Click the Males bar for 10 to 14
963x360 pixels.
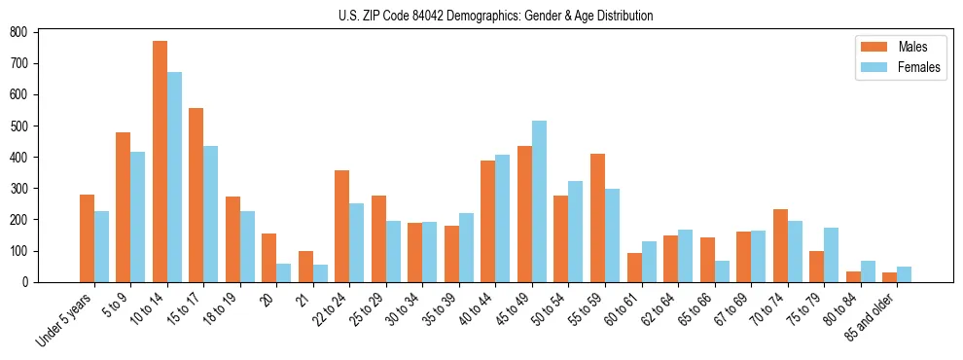point(160,162)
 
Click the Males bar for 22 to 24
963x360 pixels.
point(342,226)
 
